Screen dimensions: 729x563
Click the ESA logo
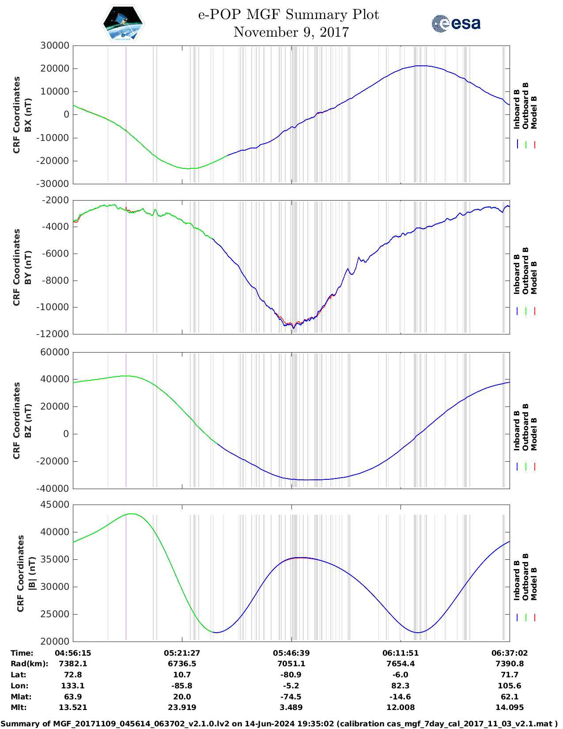point(456,23)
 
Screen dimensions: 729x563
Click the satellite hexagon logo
point(123,24)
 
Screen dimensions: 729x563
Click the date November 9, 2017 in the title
point(291,32)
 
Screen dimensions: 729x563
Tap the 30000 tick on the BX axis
point(55,46)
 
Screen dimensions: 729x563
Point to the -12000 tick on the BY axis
point(55,334)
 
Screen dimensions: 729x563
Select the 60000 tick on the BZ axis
point(55,352)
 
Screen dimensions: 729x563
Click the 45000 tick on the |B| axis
point(55,505)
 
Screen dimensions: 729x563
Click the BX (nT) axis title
point(28,115)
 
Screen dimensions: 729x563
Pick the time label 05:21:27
point(182,653)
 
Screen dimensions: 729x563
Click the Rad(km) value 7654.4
point(401,664)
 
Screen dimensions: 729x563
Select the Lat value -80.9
point(291,675)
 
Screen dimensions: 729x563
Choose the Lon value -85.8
point(182,686)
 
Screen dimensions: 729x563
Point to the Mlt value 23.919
point(182,707)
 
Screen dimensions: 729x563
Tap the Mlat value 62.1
point(510,697)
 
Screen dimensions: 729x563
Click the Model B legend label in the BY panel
point(534,277)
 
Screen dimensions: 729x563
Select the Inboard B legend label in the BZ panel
point(517,430)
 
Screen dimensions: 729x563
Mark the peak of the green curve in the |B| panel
point(132,514)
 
